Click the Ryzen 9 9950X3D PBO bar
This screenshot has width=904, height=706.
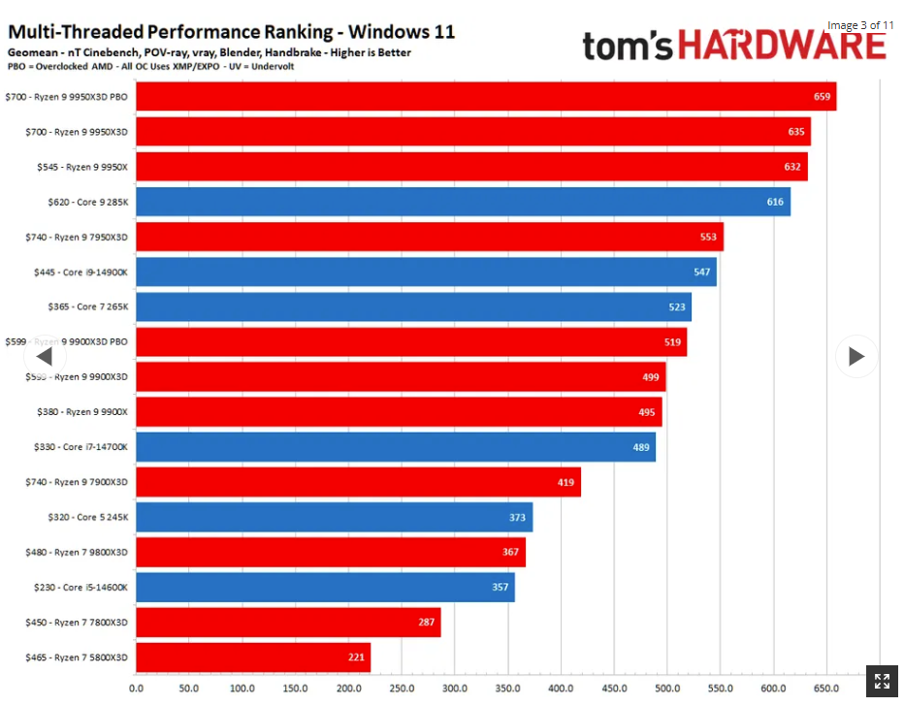(485, 96)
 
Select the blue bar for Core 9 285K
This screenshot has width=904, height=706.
(463, 202)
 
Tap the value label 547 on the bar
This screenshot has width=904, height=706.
(702, 272)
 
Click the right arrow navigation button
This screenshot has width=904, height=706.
(856, 356)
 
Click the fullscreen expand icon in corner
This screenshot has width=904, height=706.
(882, 681)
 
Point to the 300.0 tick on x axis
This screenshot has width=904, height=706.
(454, 689)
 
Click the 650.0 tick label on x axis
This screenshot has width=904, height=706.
(826, 689)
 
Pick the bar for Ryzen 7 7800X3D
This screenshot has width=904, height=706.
(288, 623)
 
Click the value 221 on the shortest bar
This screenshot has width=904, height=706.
(356, 658)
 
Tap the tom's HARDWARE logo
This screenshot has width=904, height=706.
(733, 45)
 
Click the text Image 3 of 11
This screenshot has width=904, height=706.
(859, 25)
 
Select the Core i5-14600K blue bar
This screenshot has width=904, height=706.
(325, 588)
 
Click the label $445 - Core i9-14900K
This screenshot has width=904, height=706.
(81, 273)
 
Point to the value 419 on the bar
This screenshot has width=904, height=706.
(565, 482)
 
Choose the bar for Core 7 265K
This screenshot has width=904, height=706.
(413, 306)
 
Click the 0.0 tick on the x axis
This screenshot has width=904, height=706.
(136, 689)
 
